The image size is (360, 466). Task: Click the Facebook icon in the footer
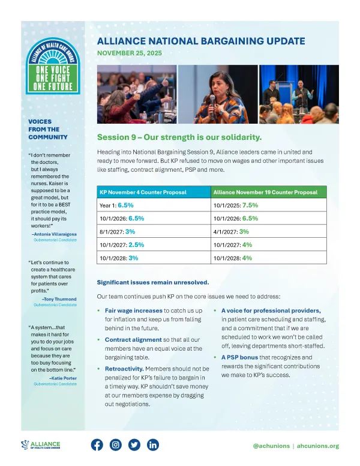[x=97, y=445]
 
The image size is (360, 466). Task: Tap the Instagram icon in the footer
[x=116, y=445]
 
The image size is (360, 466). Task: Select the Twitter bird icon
[x=134, y=445]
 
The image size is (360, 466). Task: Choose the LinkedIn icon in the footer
[x=152, y=445]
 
